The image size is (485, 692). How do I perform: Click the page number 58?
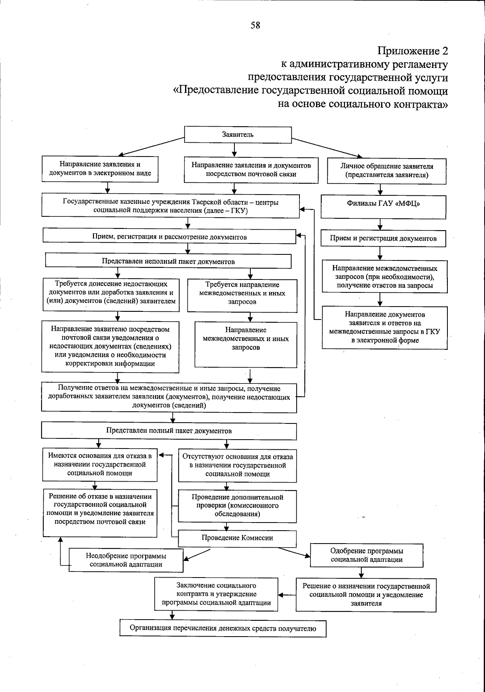[x=255, y=25]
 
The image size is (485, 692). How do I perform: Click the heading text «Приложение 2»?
[x=413, y=51]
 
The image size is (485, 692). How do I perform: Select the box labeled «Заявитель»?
[x=238, y=135]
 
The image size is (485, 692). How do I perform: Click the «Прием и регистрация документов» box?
[x=383, y=238]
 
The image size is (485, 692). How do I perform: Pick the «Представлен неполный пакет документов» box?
[x=168, y=261]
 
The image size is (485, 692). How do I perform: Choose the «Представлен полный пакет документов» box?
[x=169, y=431]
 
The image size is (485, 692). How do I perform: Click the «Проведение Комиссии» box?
[x=237, y=538]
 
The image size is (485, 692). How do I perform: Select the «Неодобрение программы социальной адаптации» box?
[x=126, y=560]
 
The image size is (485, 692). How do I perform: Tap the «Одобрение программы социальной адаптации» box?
[x=367, y=555]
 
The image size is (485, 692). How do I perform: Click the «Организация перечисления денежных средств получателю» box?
[x=223, y=628]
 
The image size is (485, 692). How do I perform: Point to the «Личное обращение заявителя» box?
[x=386, y=170]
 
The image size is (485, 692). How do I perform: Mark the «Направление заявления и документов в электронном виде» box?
[x=100, y=169]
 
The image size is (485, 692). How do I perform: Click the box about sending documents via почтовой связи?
[x=251, y=170]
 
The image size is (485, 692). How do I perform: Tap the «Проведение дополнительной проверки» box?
[x=237, y=506]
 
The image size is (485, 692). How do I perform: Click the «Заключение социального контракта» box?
[x=216, y=594]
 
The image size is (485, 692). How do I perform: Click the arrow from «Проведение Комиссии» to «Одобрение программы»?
[x=294, y=552]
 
